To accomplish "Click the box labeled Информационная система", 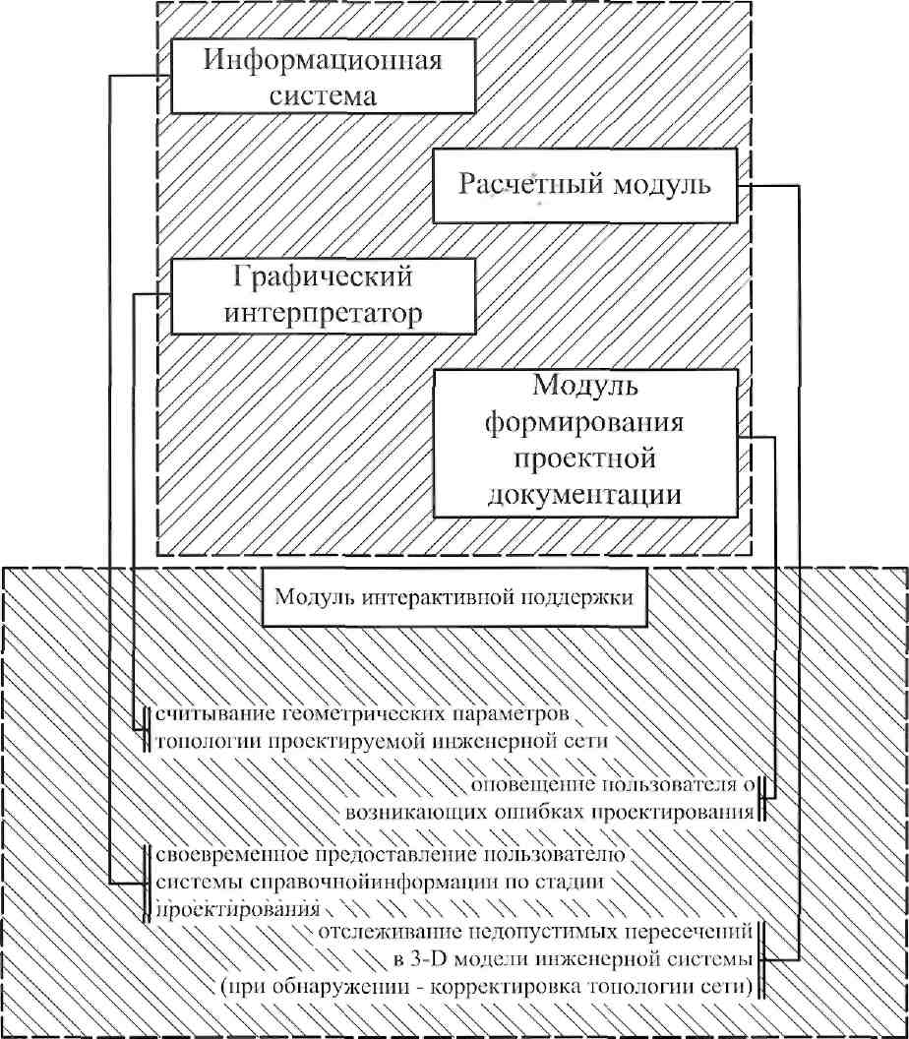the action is pos(324,76).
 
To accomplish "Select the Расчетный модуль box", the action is pos(584,186).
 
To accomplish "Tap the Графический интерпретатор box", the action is pos(324,295).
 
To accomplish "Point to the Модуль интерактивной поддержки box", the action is pos(454,597).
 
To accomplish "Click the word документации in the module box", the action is pos(584,494).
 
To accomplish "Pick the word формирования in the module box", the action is pos(584,421).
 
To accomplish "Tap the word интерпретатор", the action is pos(324,313).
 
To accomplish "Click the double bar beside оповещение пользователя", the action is pos(762,799).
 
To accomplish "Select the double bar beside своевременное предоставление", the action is pos(145,884).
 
